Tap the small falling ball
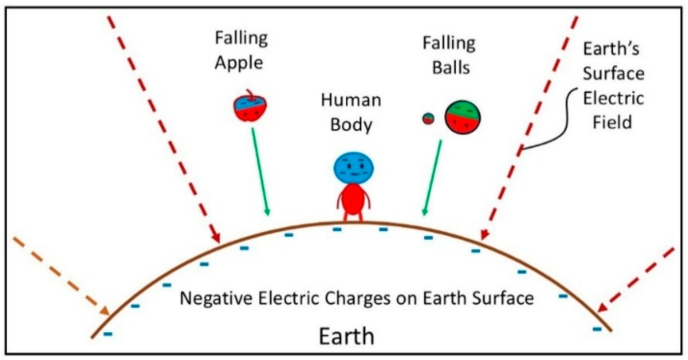click(428, 119)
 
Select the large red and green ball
click(463, 117)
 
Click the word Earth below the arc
click(346, 336)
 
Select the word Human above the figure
click(351, 100)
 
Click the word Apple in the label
click(239, 63)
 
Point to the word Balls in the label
click(451, 68)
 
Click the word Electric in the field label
click(613, 98)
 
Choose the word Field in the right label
click(612, 122)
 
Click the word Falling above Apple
click(241, 39)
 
